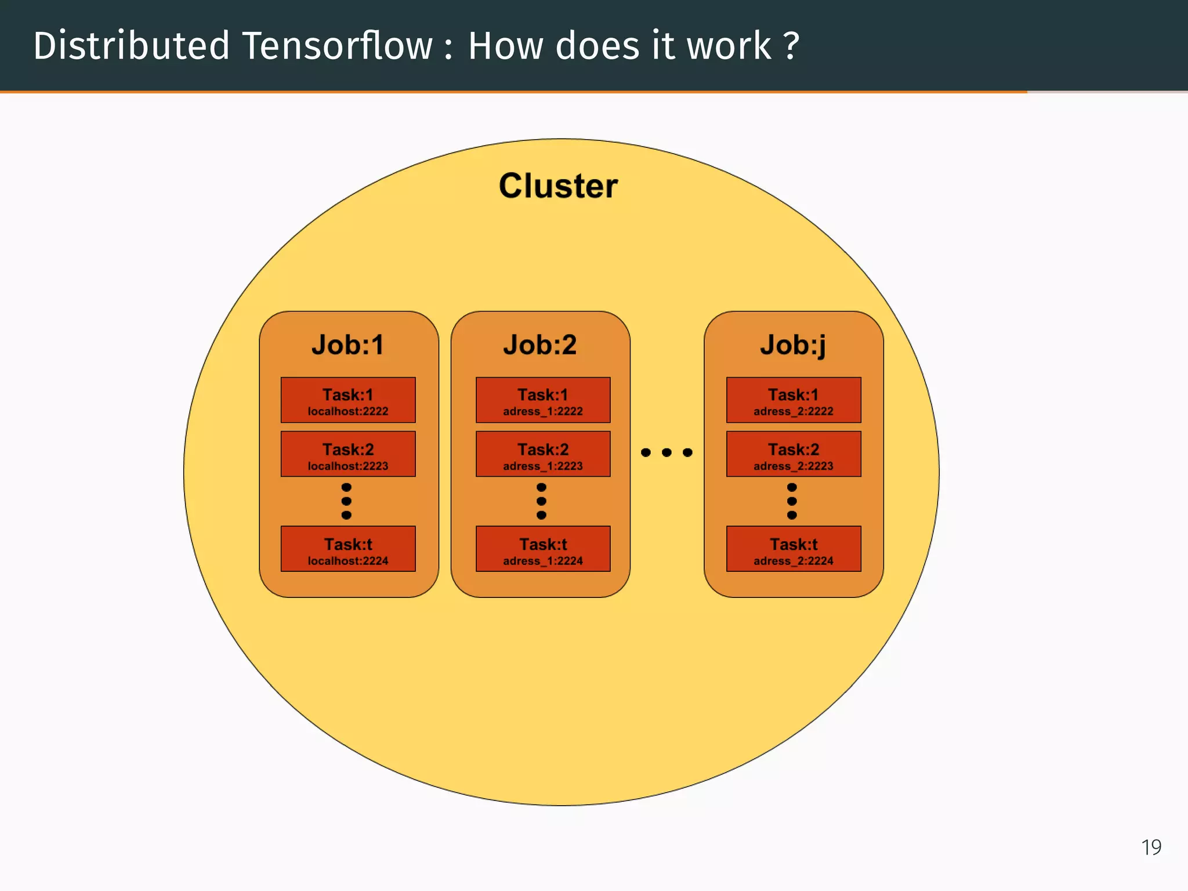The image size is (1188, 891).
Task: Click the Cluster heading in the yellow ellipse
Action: click(558, 186)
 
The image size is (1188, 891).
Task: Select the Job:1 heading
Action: click(347, 345)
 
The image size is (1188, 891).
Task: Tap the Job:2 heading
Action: click(539, 345)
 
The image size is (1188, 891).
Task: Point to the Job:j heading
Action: click(793, 345)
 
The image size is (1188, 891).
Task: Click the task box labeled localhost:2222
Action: click(348, 400)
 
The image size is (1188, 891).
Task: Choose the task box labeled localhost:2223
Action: click(348, 454)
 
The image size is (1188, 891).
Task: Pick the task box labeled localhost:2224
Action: click(348, 549)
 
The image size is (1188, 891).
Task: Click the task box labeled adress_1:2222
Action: click(543, 400)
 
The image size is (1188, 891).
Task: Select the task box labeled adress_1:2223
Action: click(543, 454)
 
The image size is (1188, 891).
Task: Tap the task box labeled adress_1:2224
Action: click(543, 549)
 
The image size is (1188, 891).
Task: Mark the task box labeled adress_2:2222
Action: click(794, 400)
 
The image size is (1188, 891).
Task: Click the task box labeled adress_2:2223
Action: click(794, 454)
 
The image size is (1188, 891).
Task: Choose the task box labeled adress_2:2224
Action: click(794, 549)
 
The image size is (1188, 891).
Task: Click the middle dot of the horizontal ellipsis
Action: click(667, 452)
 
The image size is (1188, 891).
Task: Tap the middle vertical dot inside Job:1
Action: click(346, 501)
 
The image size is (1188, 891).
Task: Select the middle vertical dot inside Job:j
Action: click(792, 501)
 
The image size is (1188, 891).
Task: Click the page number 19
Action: click(1151, 847)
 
